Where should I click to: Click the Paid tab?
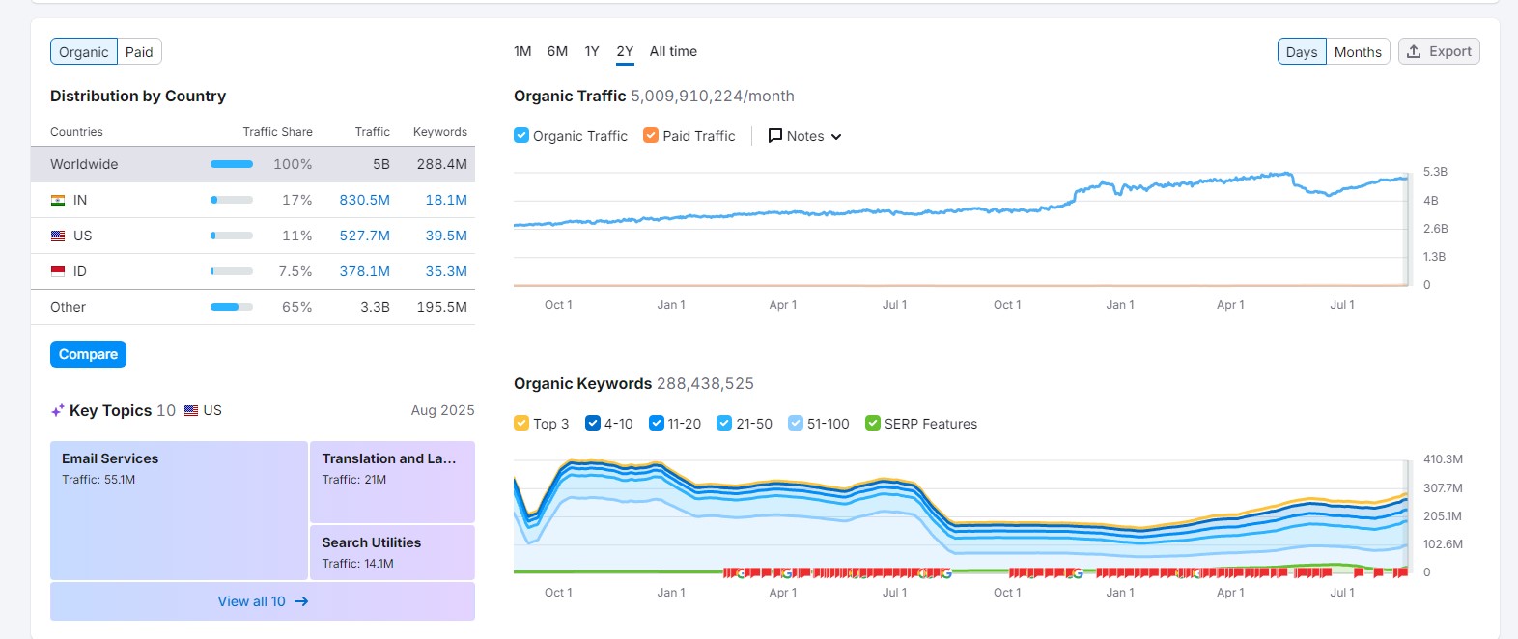tap(139, 52)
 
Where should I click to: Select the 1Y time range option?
tap(592, 51)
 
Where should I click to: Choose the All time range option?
tap(673, 51)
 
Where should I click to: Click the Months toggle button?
tap(1357, 52)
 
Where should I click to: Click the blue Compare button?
tap(88, 354)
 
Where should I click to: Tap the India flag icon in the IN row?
tap(58, 200)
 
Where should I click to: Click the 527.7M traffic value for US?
tap(364, 236)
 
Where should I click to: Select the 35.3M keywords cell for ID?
tap(446, 271)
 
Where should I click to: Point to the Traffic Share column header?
tap(277, 132)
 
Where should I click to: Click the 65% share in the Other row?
tap(296, 307)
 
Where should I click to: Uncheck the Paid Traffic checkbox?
tap(651, 136)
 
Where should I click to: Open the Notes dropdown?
tap(804, 136)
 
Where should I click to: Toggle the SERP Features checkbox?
tap(873, 424)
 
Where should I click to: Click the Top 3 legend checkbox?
tap(521, 424)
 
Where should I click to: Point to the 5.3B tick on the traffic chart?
tap(1435, 172)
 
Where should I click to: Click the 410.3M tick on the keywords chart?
tap(1443, 459)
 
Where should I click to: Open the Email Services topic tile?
tap(179, 510)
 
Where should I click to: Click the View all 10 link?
tap(262, 601)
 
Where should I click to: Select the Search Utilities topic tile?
tap(391, 552)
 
